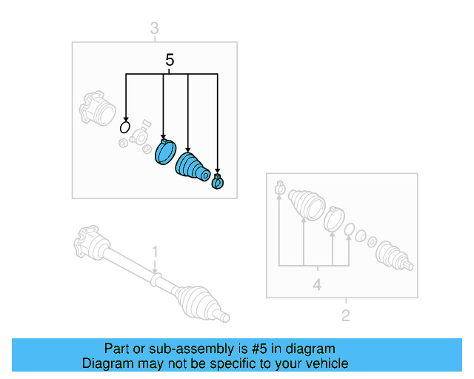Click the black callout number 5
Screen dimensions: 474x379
point(170,60)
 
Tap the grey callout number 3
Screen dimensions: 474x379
point(154,28)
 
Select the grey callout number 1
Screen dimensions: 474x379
point(155,252)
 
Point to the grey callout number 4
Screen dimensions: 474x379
point(317,285)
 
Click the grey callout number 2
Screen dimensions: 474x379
point(346,315)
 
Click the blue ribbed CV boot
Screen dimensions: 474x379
point(193,167)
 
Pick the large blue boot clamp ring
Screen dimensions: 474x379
point(165,152)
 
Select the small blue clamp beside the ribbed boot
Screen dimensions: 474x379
point(217,181)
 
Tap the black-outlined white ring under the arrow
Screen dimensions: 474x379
point(125,127)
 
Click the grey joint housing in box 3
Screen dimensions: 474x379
point(97,109)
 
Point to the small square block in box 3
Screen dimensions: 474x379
point(147,124)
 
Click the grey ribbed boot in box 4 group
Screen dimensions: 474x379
point(307,204)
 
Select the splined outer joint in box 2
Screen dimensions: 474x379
point(394,255)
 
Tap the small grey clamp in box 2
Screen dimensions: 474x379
point(280,188)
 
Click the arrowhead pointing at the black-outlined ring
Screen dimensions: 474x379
point(126,119)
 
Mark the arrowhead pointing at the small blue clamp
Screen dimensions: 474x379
point(218,171)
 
